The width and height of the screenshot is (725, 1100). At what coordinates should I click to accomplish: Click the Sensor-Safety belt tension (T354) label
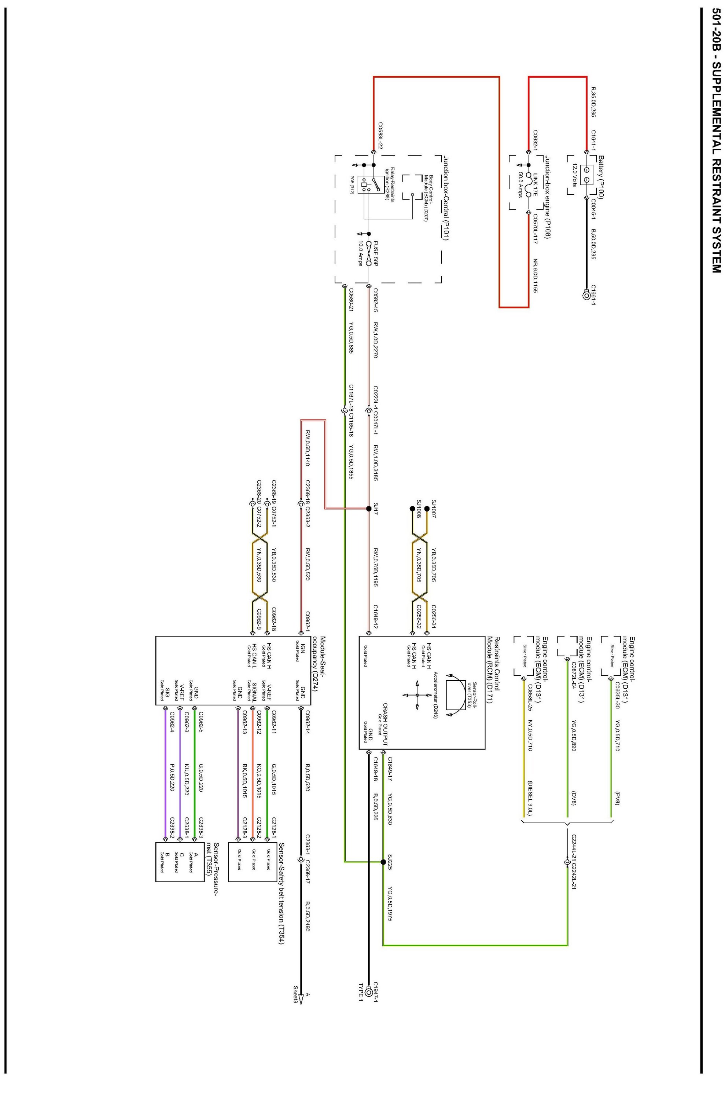281,886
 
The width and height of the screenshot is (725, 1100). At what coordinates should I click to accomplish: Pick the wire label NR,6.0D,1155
536,276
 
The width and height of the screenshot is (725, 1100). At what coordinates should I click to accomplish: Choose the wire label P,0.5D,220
172,777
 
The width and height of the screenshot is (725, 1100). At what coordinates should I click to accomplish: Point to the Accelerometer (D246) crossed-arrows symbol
417,695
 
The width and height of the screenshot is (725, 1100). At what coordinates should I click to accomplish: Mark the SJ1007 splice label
433,508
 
